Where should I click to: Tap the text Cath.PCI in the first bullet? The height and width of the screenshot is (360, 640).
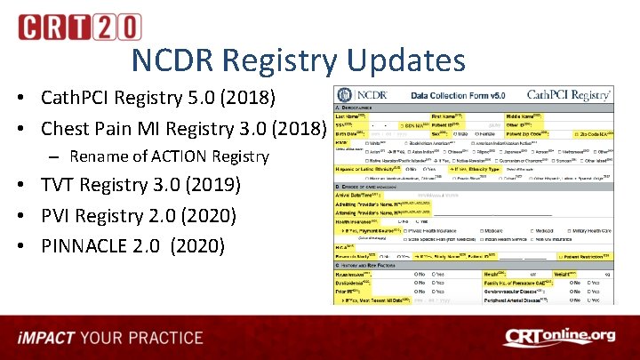(x=77, y=96)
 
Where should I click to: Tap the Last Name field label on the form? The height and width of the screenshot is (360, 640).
(x=351, y=116)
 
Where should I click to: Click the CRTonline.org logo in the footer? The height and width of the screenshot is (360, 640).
(x=559, y=336)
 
